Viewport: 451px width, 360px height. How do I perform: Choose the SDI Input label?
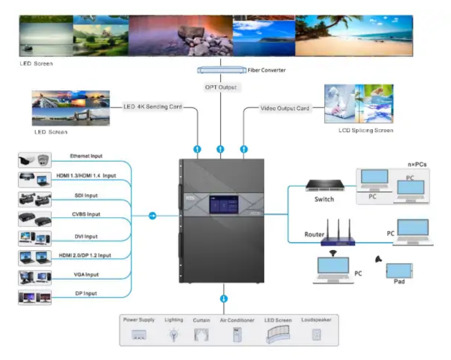click(86, 196)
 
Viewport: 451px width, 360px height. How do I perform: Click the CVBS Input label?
click(85, 214)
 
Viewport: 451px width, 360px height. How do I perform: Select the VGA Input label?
click(86, 274)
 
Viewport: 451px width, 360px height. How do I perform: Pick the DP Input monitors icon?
click(35, 297)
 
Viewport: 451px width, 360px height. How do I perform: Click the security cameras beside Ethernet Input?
click(35, 160)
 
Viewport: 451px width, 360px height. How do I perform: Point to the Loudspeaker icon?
click(317, 334)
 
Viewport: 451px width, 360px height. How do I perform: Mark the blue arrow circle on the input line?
click(152, 215)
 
